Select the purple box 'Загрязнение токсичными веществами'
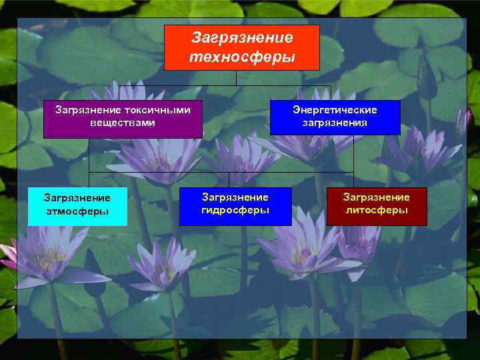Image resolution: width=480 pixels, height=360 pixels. coord(123,119)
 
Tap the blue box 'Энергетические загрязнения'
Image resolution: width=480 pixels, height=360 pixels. coord(335,117)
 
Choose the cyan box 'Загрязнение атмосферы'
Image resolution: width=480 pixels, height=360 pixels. coord(77,206)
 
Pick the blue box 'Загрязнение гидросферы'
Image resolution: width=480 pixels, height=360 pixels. coord(235,206)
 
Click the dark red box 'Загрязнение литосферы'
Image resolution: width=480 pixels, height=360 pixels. coord(376,206)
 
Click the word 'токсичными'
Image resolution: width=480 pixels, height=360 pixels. coord(157,110)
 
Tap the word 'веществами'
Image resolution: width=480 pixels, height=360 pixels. coord(123,123)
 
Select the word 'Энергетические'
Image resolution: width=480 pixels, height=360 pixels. coord(335,110)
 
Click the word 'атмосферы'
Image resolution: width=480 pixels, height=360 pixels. coord(77,212)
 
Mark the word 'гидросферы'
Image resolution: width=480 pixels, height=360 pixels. coord(235,210)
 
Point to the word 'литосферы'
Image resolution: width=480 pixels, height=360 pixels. coord(376,210)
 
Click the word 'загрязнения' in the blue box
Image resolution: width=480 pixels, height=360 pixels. coord(335,123)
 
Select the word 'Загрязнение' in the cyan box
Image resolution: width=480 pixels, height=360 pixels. coord(77,198)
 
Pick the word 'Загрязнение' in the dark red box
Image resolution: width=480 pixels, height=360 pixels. coord(376,197)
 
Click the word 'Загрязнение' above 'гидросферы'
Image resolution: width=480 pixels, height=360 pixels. coord(235,197)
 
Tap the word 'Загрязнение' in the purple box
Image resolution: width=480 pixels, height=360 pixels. coord(89,110)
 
